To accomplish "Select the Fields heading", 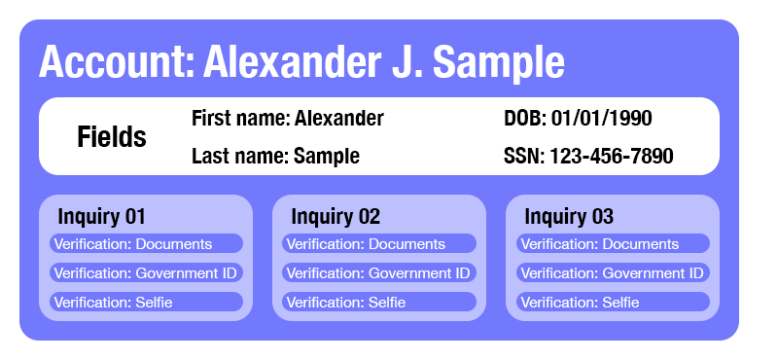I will (112, 137).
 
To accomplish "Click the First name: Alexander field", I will (287, 119).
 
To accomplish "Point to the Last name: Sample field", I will (275, 156).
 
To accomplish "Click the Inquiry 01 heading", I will (101, 216).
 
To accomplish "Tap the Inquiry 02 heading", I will (336, 216).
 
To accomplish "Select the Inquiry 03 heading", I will (569, 216).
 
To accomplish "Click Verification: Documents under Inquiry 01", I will (146, 243).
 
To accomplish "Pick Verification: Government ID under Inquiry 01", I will (146, 272).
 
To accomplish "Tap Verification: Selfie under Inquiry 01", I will (146, 302).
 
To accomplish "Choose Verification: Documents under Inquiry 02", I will (379, 243).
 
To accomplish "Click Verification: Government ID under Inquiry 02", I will (379, 272).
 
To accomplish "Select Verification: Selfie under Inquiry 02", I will (379, 302).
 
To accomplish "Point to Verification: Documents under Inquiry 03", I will (613, 243).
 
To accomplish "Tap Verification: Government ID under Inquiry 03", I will (613, 272).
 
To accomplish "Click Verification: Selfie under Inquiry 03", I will (613, 302).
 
